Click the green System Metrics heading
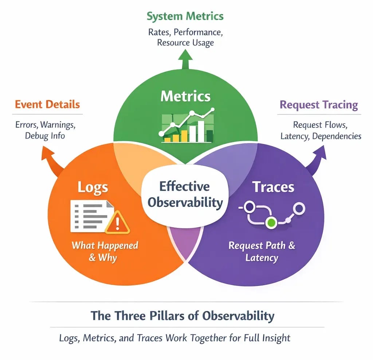[x=185, y=16]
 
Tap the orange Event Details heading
[x=47, y=105]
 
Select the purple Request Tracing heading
[x=319, y=105]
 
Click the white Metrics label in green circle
[x=185, y=96]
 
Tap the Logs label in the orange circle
[x=93, y=187]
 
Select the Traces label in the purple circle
[x=273, y=187]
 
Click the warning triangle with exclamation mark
[x=117, y=223]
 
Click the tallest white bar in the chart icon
[x=201, y=131]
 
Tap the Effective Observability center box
[x=185, y=194]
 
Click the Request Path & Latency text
[x=262, y=251]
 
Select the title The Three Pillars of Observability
[x=182, y=316]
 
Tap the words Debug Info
[x=45, y=136]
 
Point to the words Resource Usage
[x=185, y=43]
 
